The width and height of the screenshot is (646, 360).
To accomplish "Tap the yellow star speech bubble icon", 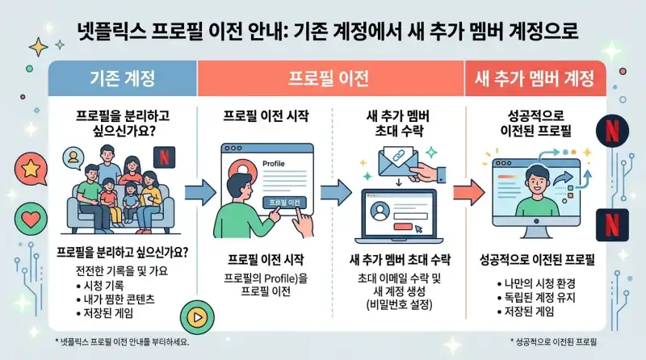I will coord(30,169).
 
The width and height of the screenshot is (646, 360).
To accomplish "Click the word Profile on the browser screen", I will coord(276,163).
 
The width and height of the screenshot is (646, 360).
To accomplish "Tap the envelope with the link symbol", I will coord(386,165).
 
